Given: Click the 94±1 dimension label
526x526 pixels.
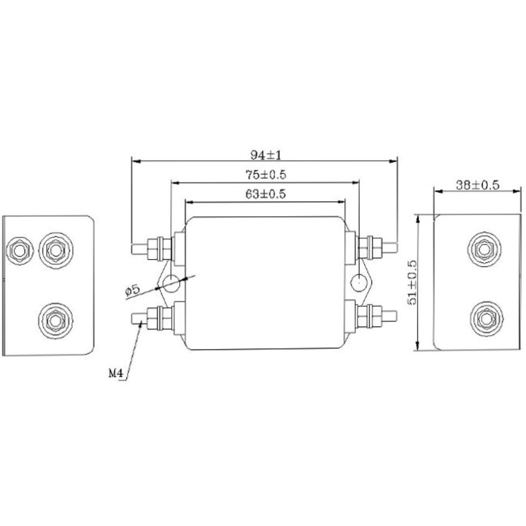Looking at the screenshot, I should (x=266, y=155).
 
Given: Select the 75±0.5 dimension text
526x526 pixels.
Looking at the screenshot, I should (x=266, y=174).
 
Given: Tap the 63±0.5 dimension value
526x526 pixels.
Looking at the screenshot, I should (x=265, y=194).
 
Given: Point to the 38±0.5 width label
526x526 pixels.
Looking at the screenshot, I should (x=477, y=185).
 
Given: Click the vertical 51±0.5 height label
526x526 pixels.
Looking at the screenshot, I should (x=412, y=283).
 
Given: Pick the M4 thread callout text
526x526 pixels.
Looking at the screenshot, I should (x=116, y=373).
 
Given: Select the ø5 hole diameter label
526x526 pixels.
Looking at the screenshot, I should (x=132, y=290).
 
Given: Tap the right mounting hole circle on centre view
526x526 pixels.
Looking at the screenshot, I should (x=359, y=282).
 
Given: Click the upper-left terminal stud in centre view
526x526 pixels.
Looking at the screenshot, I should (x=139, y=248).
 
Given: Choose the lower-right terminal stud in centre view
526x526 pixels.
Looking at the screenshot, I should (x=390, y=316).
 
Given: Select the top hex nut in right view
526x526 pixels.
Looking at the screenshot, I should (x=484, y=249).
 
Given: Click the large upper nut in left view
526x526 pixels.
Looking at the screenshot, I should (x=56, y=251).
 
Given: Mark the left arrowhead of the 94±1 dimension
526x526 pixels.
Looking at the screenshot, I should (x=135, y=161).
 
